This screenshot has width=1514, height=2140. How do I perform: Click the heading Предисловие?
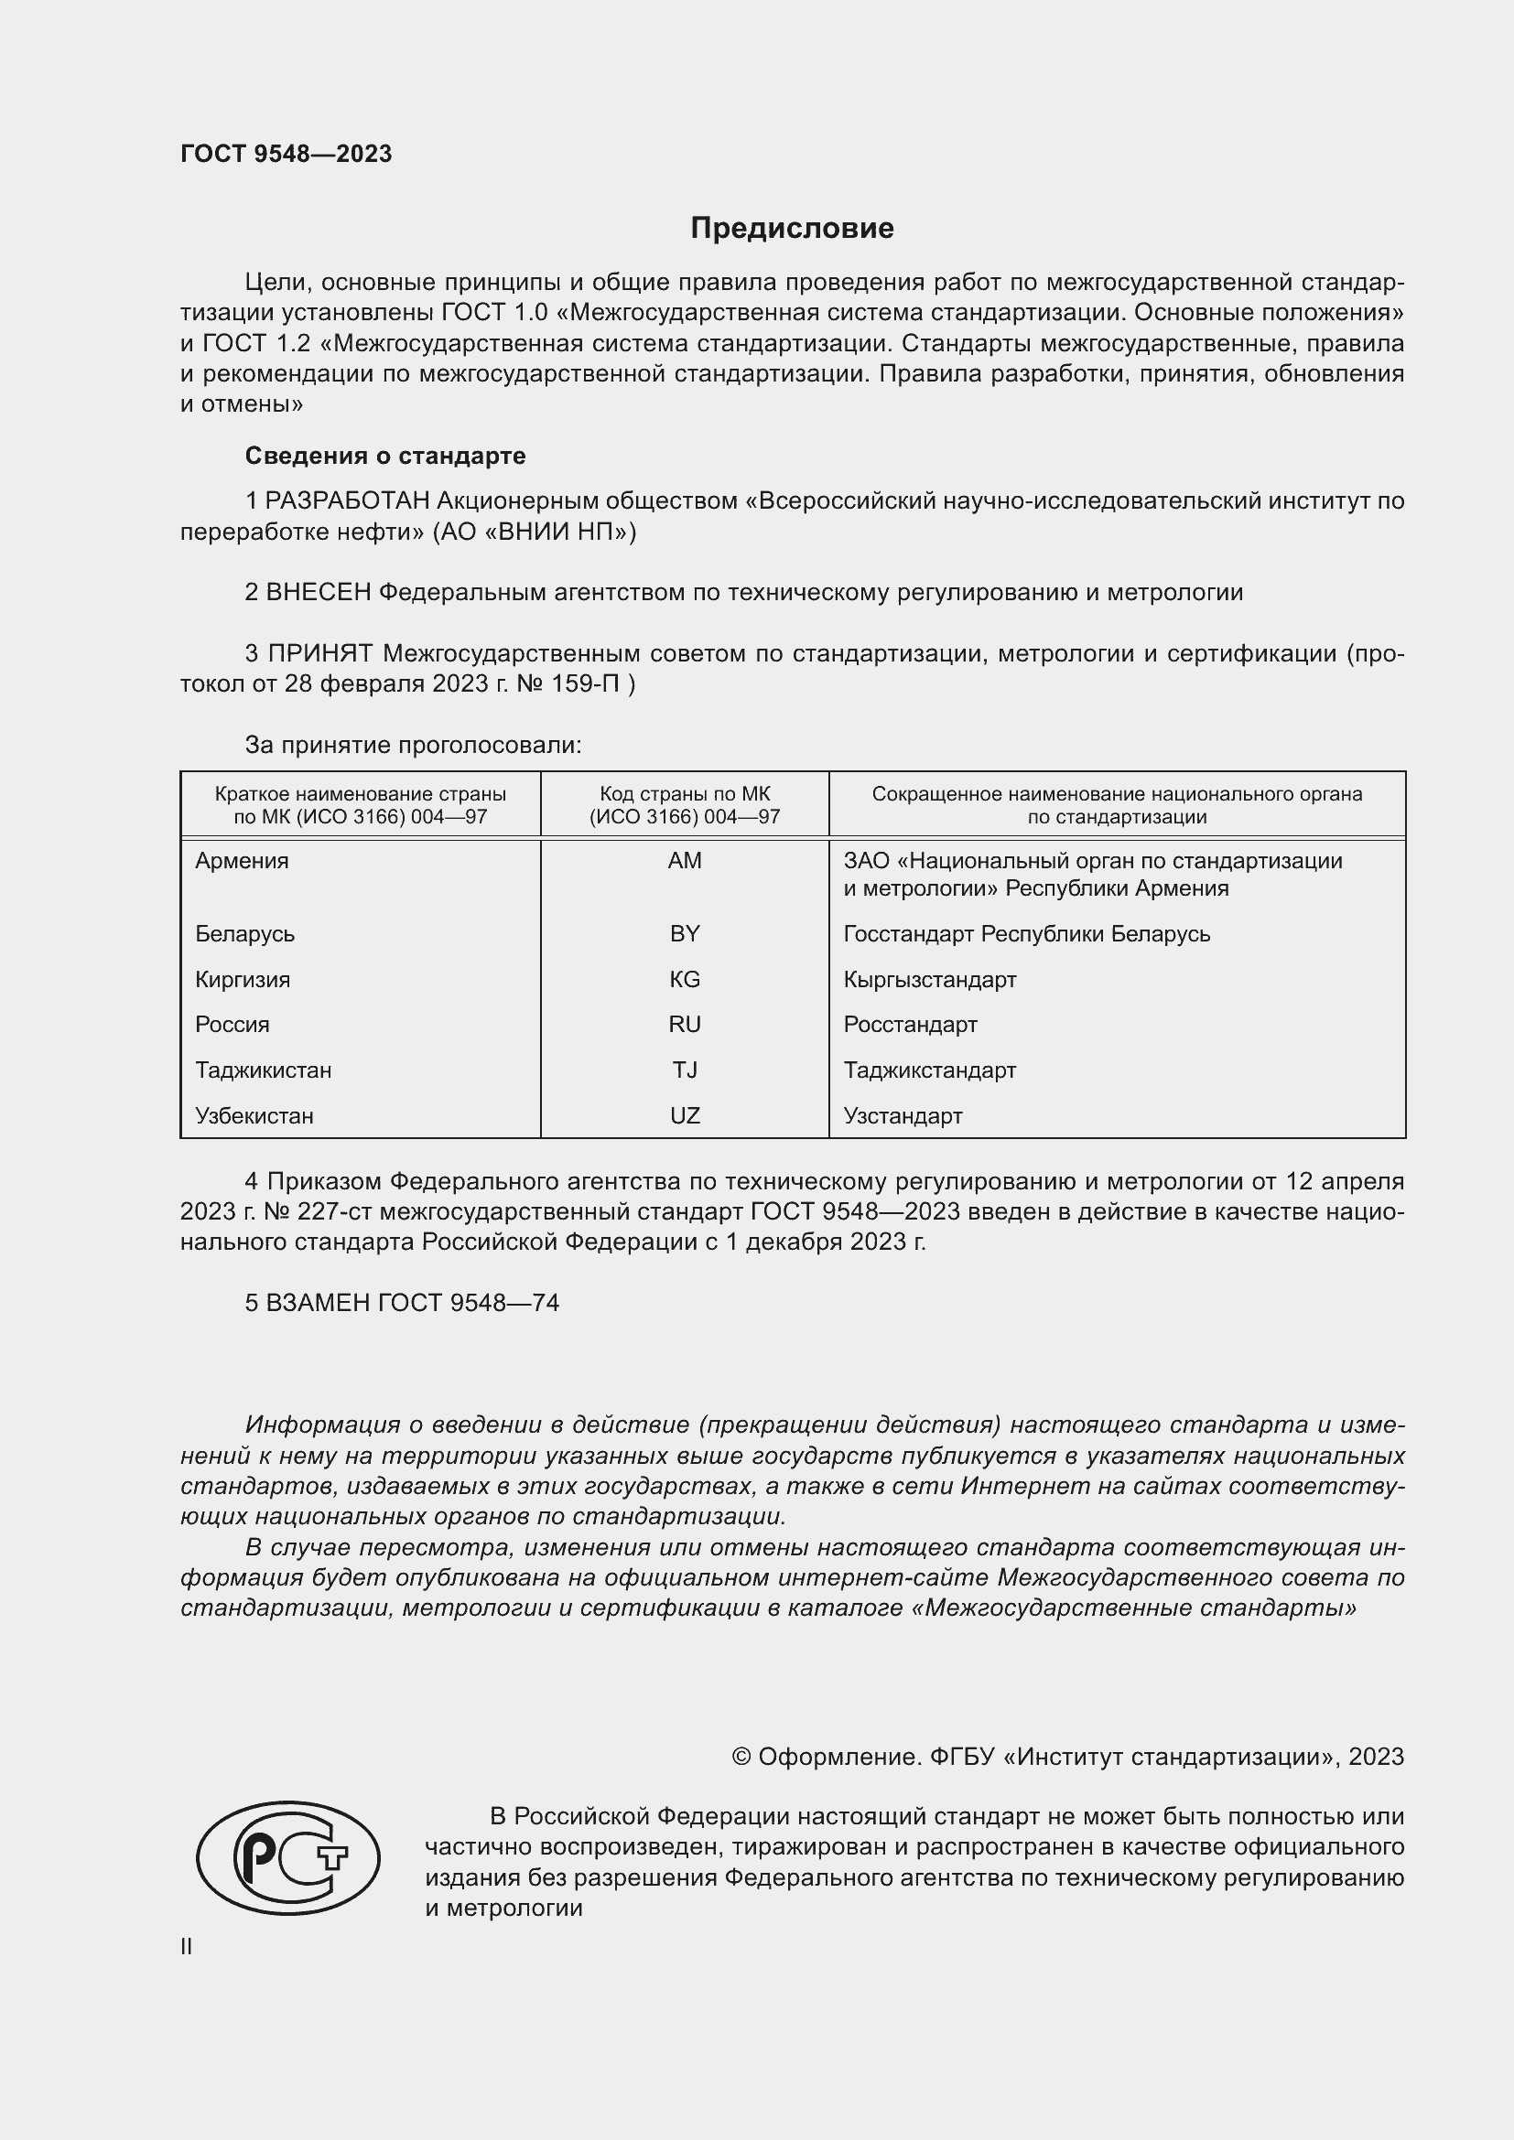(x=792, y=229)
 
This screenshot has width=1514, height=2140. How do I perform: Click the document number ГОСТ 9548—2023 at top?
(x=287, y=154)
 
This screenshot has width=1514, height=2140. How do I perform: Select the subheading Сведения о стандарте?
(x=385, y=456)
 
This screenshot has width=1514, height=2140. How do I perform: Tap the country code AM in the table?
(x=685, y=860)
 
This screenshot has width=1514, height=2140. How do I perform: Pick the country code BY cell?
(x=685, y=933)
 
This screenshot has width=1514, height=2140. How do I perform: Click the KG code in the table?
(x=685, y=979)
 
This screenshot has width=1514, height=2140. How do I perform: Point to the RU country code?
(x=685, y=1025)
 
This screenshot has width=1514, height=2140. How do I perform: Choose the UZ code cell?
(x=685, y=1115)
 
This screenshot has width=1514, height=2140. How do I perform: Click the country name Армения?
(x=242, y=860)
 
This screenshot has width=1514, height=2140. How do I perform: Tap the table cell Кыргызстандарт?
(x=929, y=979)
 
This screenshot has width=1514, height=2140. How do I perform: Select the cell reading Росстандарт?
(x=910, y=1025)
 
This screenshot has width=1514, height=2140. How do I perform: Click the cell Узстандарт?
(x=903, y=1115)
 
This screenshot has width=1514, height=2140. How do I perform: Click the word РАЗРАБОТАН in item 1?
(x=347, y=501)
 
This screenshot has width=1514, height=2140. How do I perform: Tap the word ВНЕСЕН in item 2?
(x=318, y=593)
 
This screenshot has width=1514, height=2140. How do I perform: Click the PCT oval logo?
(x=288, y=1857)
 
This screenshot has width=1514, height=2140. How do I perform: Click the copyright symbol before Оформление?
(x=741, y=1757)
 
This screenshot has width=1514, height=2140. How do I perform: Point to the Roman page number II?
(x=187, y=1946)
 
